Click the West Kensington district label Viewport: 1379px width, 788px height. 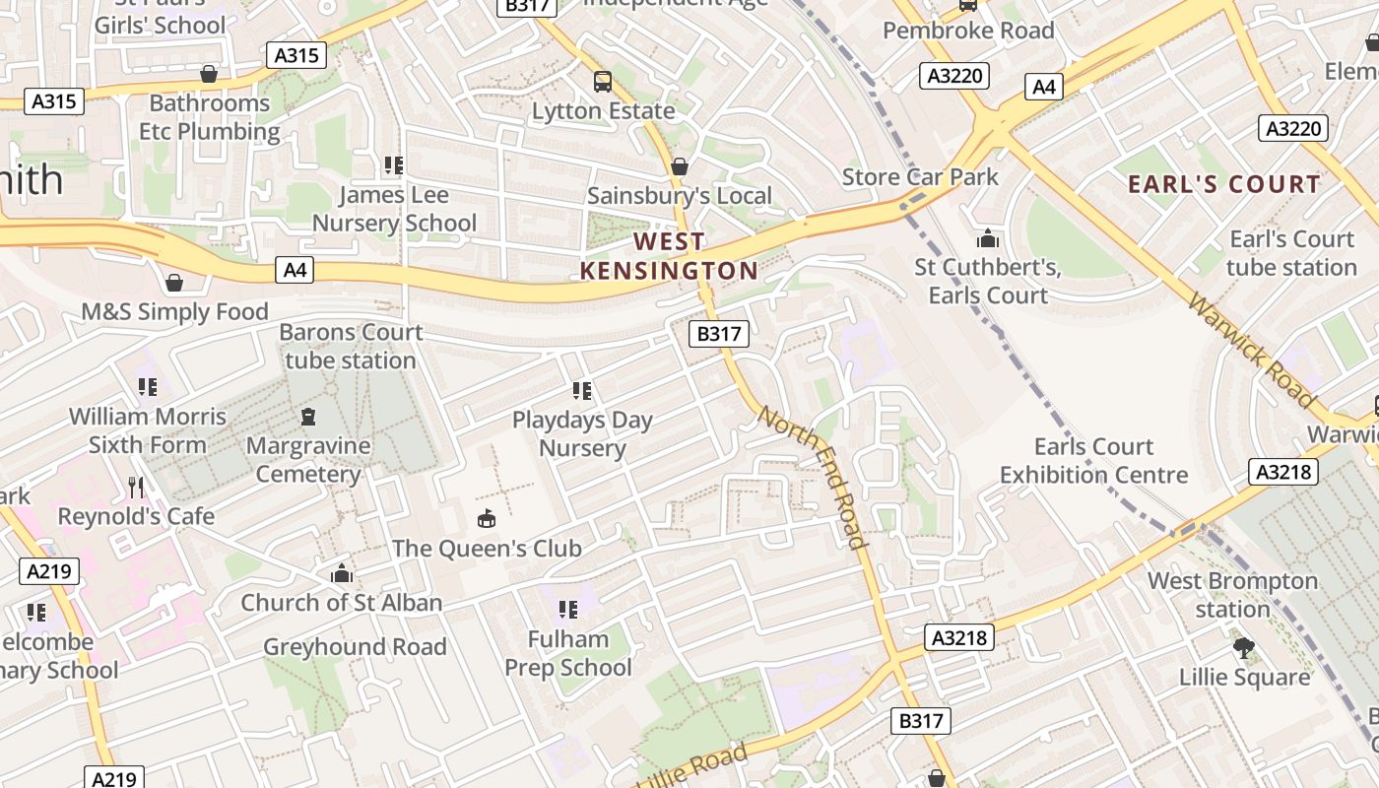click(669, 256)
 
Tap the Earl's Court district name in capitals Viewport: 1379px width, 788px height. click(1223, 184)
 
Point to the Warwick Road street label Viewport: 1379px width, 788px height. click(1251, 350)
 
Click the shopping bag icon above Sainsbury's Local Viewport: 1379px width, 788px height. click(679, 166)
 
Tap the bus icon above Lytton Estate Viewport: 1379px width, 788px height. click(602, 81)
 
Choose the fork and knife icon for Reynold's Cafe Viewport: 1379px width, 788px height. click(136, 487)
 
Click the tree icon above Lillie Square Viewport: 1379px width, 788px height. click(1244, 648)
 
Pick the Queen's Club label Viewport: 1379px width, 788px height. click(487, 548)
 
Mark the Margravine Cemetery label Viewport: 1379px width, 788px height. click(308, 460)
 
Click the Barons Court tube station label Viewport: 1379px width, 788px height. click(351, 346)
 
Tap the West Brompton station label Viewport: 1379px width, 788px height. click(1232, 595)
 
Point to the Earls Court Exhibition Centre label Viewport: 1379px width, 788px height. click(1093, 461)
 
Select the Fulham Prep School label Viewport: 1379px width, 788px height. click(568, 653)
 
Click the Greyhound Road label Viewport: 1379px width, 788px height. click(355, 647)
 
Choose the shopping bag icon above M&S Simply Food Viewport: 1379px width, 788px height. click(174, 284)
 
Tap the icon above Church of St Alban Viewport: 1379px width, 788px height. click(342, 573)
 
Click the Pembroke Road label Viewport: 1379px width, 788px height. click(968, 31)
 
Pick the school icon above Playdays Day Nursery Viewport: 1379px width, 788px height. click(582, 391)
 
